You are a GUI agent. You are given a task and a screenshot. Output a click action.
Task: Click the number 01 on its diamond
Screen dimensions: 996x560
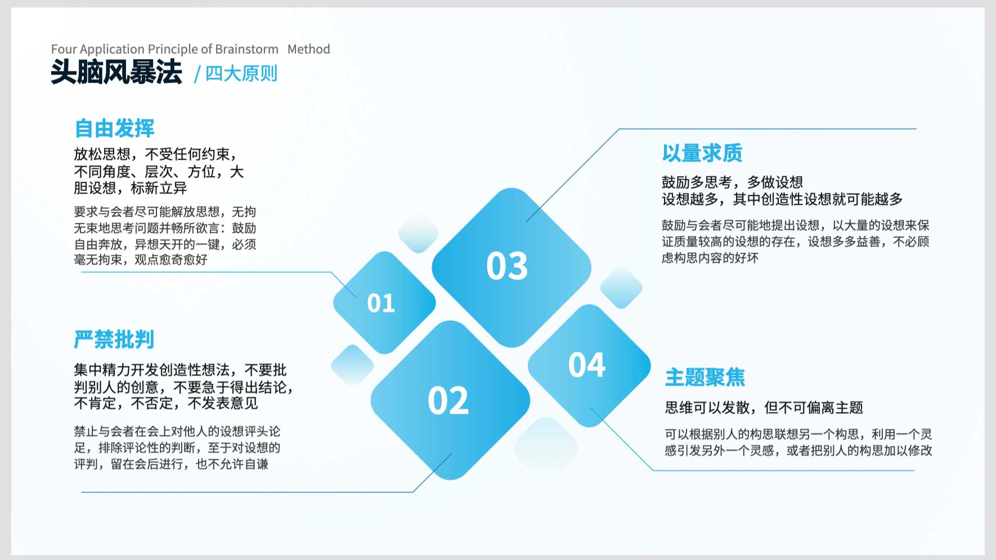[381, 303]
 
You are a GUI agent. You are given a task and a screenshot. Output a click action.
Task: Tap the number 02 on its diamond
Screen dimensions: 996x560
[448, 401]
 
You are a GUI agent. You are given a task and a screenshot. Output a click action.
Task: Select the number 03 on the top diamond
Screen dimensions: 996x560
[507, 266]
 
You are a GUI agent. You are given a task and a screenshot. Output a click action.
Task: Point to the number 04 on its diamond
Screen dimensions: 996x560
[587, 365]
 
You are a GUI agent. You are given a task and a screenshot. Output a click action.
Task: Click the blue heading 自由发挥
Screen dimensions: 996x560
[115, 128]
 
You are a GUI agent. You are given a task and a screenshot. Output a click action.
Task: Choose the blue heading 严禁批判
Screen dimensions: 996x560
[114, 339]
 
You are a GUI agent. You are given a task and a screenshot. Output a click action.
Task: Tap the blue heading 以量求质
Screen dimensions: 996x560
[702, 153]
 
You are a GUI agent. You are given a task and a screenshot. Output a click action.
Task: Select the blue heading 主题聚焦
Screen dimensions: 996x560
[705, 377]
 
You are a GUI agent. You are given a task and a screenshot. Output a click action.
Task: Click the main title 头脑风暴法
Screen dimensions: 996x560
[116, 72]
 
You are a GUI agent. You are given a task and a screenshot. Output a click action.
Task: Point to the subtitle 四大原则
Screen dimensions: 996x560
[241, 74]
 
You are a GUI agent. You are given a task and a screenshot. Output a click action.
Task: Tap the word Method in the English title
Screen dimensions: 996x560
[309, 49]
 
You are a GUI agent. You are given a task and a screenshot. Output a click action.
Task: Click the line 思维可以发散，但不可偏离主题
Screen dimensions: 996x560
[764, 407]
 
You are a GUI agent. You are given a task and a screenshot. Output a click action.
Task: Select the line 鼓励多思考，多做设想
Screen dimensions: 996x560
[732, 182]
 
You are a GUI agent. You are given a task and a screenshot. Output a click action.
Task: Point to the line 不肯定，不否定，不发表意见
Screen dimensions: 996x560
[166, 404]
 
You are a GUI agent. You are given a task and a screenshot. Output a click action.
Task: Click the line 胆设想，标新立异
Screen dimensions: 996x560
[131, 188]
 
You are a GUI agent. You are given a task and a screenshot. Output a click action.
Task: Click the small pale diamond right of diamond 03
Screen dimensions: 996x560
[621, 288]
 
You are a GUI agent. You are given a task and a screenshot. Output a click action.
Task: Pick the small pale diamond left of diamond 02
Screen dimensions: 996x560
[353, 365]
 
